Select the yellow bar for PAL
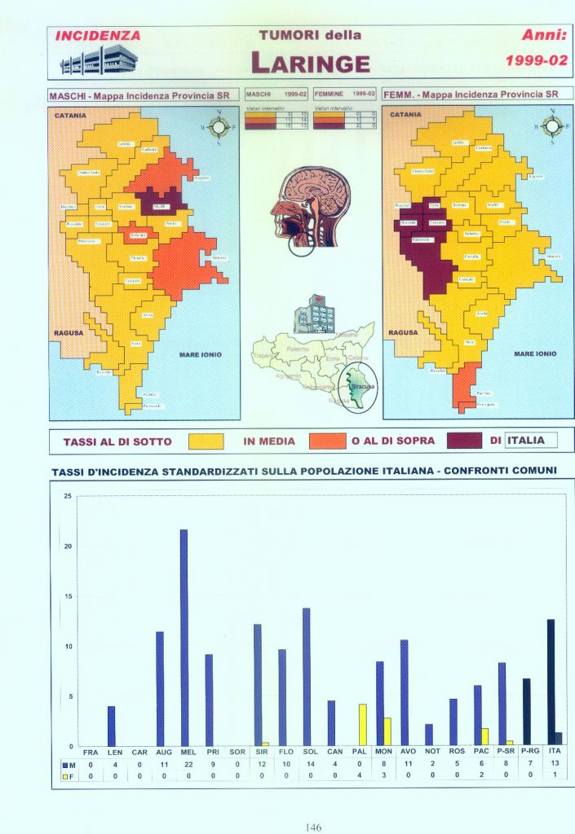point(362,725)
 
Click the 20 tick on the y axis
point(68,546)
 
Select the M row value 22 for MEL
point(188,765)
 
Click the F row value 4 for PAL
point(359,776)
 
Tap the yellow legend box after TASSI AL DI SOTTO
point(206,441)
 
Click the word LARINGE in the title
point(310,62)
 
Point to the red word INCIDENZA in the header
point(98,36)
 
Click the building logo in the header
point(93,60)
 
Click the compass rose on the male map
point(218,126)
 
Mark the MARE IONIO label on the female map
point(535,353)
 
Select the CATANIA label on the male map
point(70,116)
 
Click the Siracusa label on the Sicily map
point(359,385)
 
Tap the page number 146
point(313,827)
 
